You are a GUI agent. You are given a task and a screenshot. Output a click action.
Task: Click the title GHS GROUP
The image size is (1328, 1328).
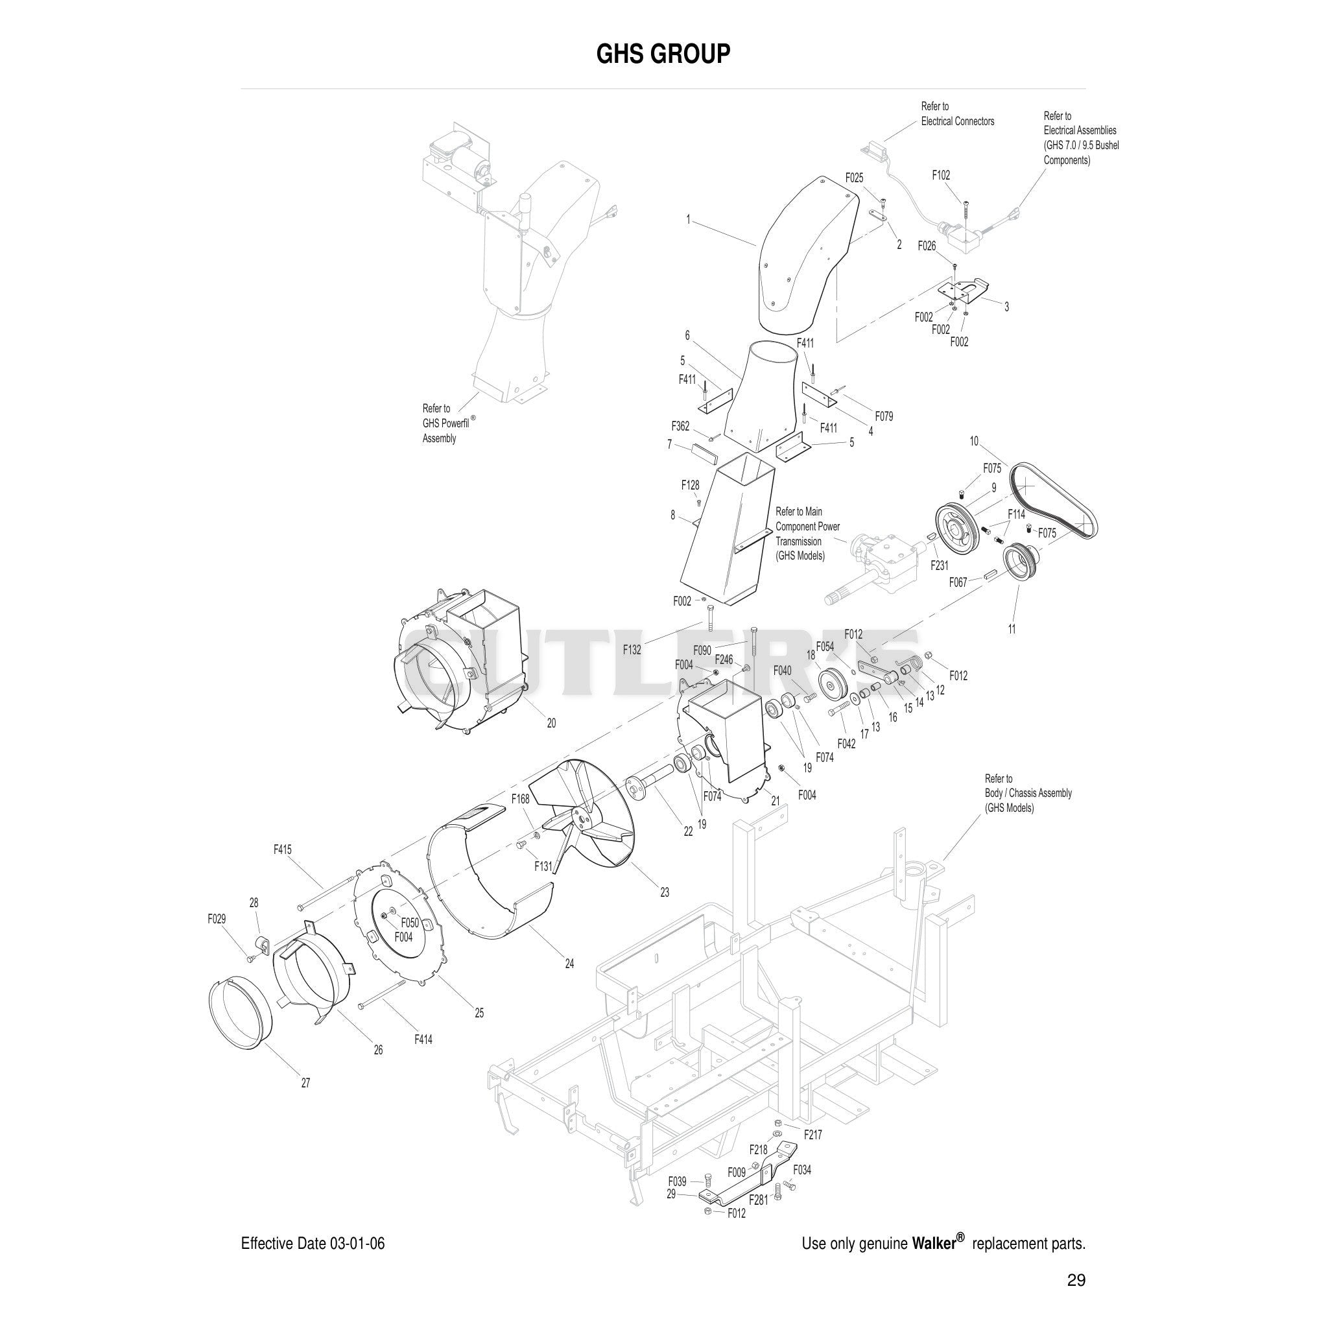click(x=663, y=54)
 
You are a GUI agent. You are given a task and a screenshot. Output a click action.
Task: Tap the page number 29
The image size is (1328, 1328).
click(x=1076, y=1280)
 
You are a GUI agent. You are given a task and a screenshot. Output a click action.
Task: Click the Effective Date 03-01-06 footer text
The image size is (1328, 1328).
click(x=313, y=1244)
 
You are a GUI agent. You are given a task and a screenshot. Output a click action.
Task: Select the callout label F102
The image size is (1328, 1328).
click(x=941, y=175)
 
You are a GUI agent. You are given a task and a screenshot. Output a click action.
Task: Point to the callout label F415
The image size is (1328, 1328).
click(x=283, y=849)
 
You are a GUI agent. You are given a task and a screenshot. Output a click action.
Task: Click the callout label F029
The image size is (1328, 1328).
click(x=217, y=919)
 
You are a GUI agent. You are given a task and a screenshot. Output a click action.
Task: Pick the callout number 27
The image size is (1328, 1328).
click(x=305, y=1084)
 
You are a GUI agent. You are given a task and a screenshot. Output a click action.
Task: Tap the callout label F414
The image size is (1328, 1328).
click(x=423, y=1040)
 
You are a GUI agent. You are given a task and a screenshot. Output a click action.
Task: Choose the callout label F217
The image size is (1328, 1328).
click(x=813, y=1135)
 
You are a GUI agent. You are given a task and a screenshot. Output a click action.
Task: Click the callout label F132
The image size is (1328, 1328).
click(x=632, y=650)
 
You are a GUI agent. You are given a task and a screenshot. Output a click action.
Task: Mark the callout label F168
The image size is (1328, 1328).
click(x=520, y=799)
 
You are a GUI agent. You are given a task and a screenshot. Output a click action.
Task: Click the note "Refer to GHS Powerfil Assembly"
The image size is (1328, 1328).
click(x=449, y=423)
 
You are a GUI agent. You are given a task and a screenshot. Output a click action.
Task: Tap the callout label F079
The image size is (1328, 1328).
click(x=884, y=416)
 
